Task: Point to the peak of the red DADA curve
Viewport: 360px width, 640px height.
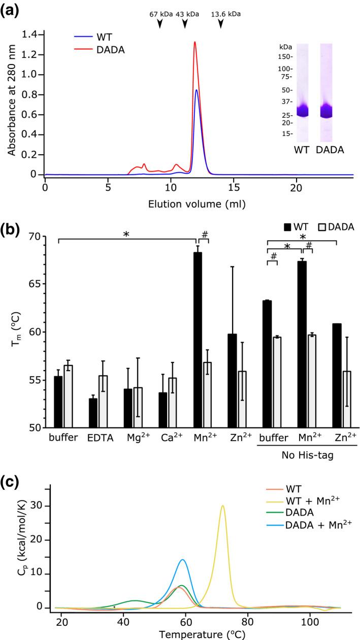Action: (x=194, y=43)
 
